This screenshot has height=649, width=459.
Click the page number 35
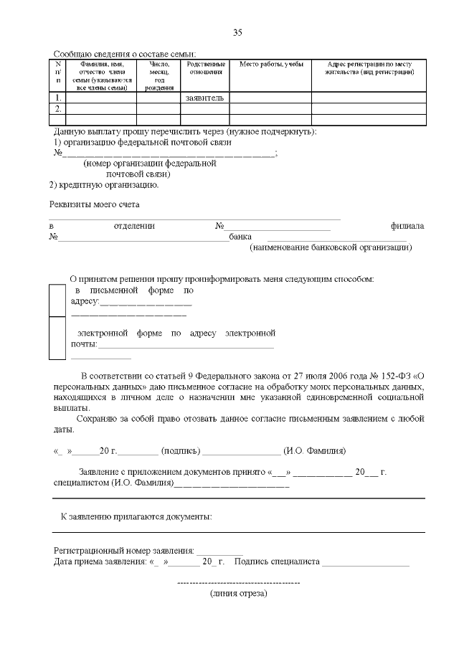pos(238,32)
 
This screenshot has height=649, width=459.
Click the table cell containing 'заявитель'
pos(204,98)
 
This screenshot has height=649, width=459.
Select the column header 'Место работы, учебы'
pos(270,65)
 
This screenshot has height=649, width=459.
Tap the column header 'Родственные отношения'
pos(204,69)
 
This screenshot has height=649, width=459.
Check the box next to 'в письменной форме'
pos(57,300)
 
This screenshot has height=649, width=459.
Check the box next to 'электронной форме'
pos(57,338)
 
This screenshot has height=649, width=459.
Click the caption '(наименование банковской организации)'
pos(331,247)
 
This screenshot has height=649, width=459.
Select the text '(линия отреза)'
pos(238,594)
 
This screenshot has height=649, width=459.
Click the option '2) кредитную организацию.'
pos(103,184)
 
